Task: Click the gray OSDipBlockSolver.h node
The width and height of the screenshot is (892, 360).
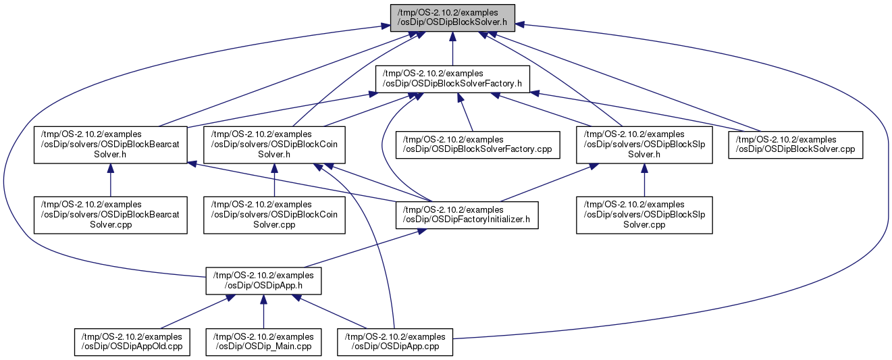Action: click(452, 17)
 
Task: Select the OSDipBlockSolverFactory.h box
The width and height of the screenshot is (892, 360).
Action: click(452, 78)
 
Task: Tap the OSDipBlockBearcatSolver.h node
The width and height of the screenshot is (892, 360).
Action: click(111, 145)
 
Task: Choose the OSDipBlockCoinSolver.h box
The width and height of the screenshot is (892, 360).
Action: click(274, 145)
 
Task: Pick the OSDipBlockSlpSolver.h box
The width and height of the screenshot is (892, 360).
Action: click(644, 145)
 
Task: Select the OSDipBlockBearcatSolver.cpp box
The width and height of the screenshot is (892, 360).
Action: click(111, 215)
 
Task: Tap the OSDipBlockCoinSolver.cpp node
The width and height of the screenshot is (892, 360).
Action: click(274, 215)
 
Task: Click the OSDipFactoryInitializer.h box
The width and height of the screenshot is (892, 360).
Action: click(467, 215)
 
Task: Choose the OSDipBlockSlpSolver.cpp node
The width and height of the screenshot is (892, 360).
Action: click(644, 215)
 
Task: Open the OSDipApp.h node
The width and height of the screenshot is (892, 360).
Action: click(263, 281)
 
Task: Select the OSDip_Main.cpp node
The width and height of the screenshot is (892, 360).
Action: click(263, 342)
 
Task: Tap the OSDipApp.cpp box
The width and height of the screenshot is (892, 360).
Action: click(396, 342)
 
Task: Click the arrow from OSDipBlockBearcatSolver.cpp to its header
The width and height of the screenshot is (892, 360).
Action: click(111, 180)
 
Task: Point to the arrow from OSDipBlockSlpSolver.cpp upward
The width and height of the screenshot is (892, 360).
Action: click(644, 180)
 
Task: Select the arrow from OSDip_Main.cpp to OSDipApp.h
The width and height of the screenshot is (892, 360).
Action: click(263, 311)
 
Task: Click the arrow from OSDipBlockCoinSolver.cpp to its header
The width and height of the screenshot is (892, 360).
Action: click(274, 180)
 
